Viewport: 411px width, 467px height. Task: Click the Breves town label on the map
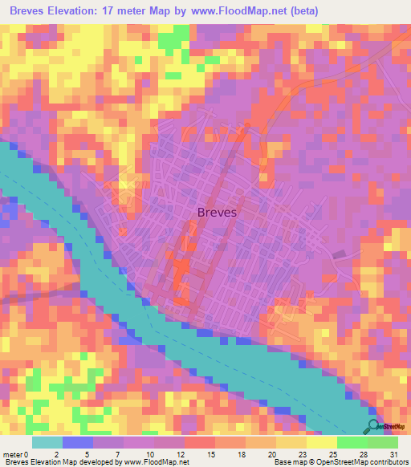(217, 213)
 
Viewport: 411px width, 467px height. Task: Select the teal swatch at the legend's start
(47, 443)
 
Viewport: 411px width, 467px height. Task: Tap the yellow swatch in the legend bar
(321, 443)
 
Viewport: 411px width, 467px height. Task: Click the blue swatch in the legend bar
(77, 443)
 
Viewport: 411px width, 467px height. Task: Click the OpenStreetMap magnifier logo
(373, 425)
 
